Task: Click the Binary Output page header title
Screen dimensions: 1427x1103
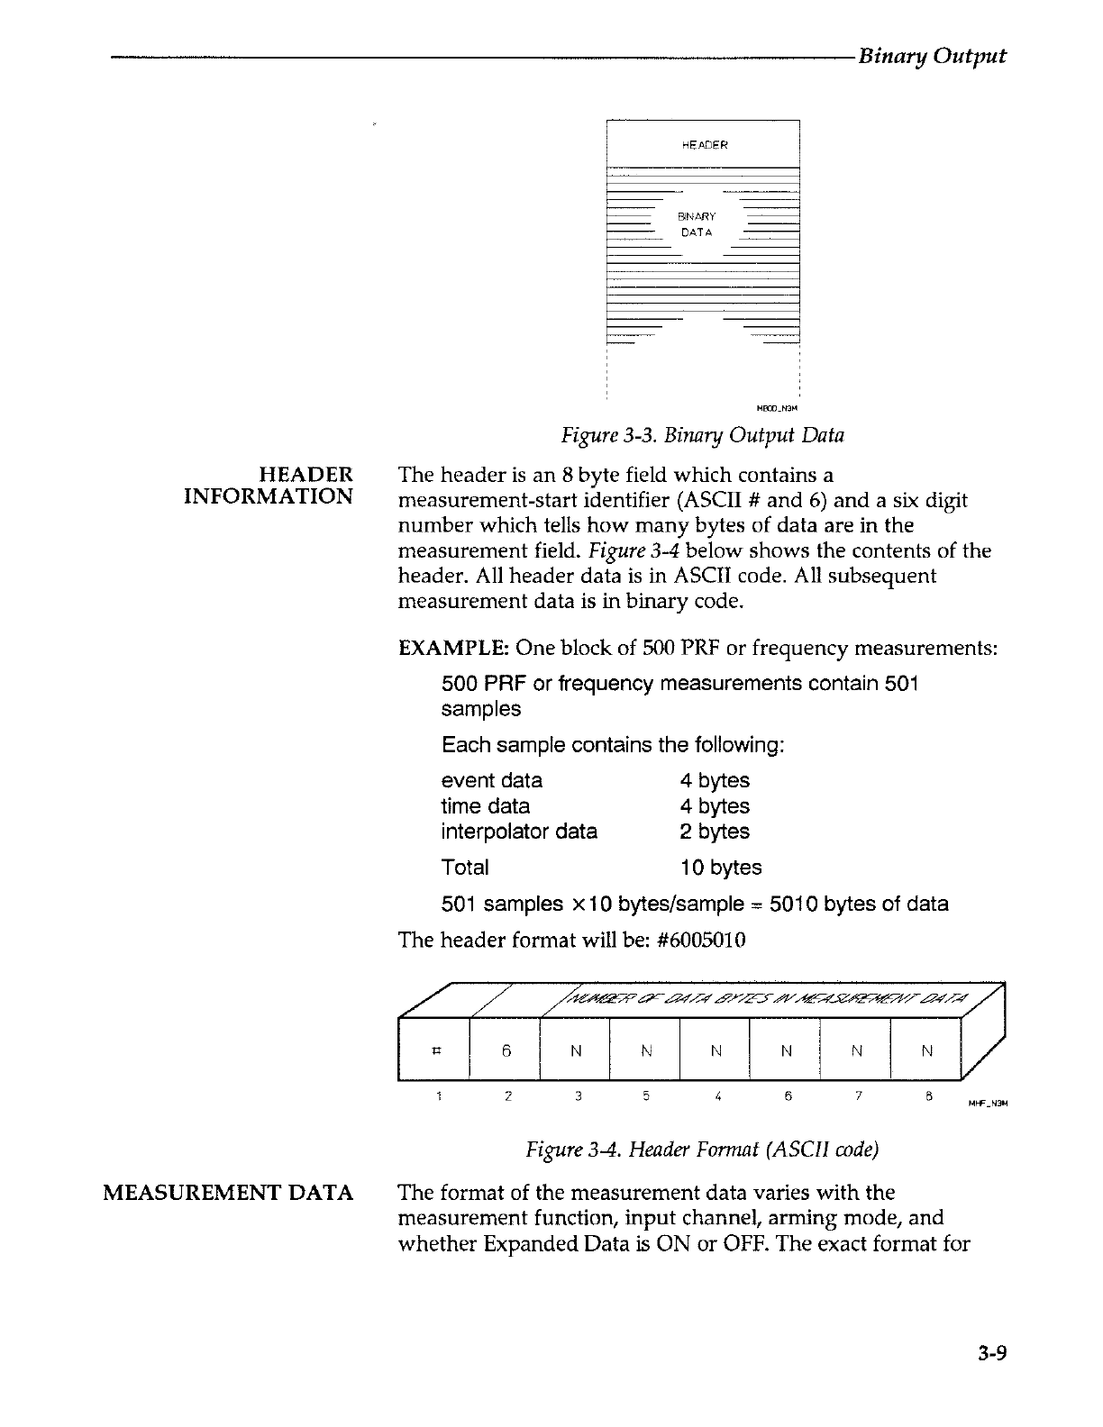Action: [932, 56]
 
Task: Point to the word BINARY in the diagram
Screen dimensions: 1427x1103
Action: [697, 216]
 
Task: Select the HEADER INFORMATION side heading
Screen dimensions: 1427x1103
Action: [268, 486]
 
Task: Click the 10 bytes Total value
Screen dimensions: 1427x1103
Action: [720, 868]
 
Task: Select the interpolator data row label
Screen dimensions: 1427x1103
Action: [519, 832]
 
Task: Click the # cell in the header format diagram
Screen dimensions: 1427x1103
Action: [436, 1050]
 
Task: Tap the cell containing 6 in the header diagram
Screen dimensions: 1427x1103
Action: [506, 1050]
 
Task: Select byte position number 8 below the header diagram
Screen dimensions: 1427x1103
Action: [926, 1096]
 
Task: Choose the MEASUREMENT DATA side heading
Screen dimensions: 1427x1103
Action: [228, 1193]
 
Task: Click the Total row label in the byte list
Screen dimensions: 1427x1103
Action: [465, 868]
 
